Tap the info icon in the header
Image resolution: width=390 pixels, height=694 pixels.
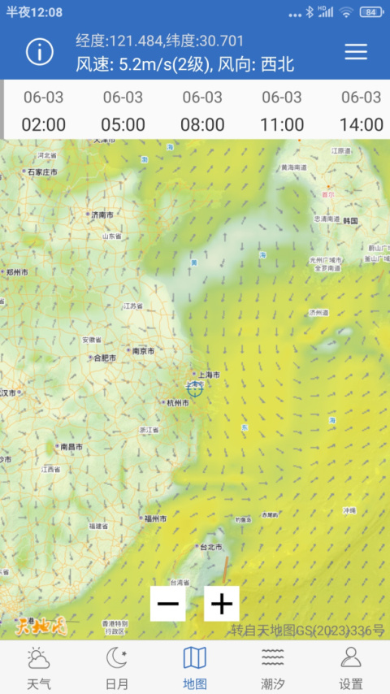coord(40,52)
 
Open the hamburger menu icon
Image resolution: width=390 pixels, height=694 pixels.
coord(356,51)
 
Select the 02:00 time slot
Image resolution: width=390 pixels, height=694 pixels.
coord(43,111)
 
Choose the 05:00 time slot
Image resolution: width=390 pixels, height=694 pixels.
coord(123,111)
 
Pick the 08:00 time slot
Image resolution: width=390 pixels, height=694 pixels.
coord(202,111)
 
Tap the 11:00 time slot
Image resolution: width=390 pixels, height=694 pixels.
coord(282,111)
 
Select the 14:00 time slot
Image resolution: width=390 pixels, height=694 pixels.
coord(362,111)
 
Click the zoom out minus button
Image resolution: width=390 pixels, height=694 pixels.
coord(168,604)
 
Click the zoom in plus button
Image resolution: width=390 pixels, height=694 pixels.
coord(222,604)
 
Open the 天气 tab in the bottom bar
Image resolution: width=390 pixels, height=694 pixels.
coord(38,668)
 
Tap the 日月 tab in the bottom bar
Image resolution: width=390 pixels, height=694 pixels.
coord(117,668)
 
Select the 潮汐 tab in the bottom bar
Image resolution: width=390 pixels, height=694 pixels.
coord(273,668)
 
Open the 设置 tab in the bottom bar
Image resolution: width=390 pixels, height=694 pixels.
coord(351,668)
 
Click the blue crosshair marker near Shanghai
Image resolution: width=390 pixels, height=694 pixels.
coord(195,388)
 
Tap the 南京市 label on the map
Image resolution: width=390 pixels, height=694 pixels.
coord(143,351)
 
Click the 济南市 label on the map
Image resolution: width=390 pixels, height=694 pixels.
coord(102,215)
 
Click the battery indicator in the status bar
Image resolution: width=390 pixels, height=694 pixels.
coord(370,12)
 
